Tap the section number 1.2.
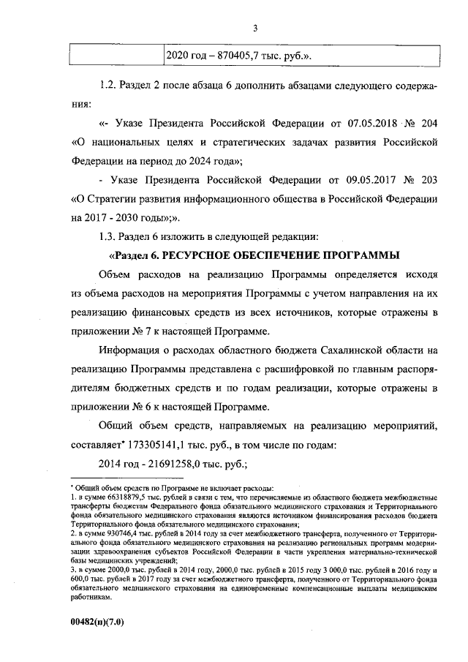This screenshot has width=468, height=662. pos(107,85)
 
